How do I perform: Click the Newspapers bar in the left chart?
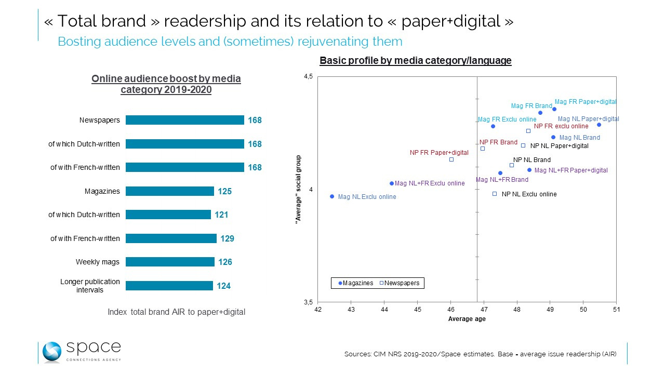(x=184, y=120)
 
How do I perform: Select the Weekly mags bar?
(x=170, y=262)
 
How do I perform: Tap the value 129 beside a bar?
(x=228, y=238)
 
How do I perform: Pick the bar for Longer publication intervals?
(x=169, y=286)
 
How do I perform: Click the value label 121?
(x=221, y=215)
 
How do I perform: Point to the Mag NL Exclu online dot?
(x=332, y=196)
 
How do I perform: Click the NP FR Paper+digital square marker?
(x=451, y=159)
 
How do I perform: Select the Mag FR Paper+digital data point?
(x=554, y=109)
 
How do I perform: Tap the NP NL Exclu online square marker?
(x=495, y=194)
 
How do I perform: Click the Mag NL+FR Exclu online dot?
(x=392, y=183)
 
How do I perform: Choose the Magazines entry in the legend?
(x=356, y=283)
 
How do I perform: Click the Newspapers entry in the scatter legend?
(x=401, y=283)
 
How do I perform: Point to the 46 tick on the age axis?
(x=451, y=310)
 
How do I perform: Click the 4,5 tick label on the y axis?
(x=308, y=77)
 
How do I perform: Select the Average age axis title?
(x=467, y=319)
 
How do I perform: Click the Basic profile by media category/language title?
(x=415, y=61)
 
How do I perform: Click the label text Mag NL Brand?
(x=579, y=138)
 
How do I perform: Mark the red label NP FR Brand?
(x=498, y=142)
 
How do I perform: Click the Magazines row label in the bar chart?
(x=102, y=191)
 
